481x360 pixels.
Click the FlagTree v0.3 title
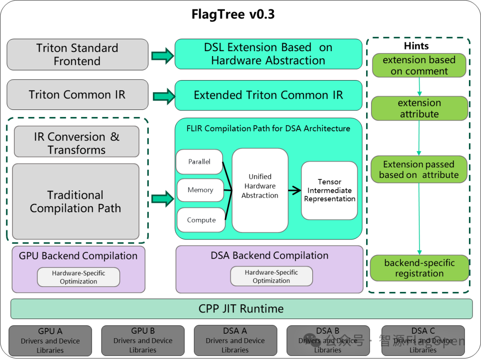pos(233,14)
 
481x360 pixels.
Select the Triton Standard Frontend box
pos(77,54)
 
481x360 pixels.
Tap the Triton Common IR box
pos(77,95)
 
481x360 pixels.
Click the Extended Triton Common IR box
pos(268,95)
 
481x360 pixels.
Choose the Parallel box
pos(200,162)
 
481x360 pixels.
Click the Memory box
pos(200,190)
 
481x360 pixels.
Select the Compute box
pos(201,220)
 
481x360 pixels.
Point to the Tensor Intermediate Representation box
pos(330,190)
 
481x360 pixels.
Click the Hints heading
pos(416,46)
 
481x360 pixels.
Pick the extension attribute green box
pos(419,109)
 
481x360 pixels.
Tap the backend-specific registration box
pos(419,268)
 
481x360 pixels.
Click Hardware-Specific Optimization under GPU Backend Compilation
pos(78,277)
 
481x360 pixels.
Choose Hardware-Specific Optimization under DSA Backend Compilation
pos(271,276)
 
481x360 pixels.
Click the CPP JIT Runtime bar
pos(241,309)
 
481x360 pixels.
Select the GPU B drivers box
pos(143,340)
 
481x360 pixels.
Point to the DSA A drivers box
pos(235,340)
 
